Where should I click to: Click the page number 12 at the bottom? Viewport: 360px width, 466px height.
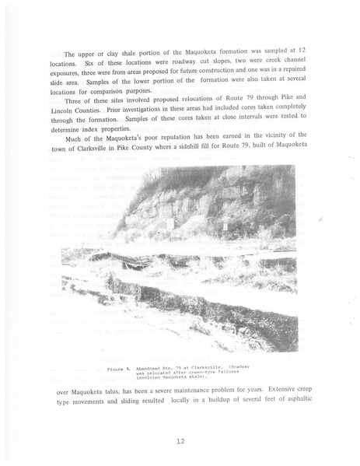180,441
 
